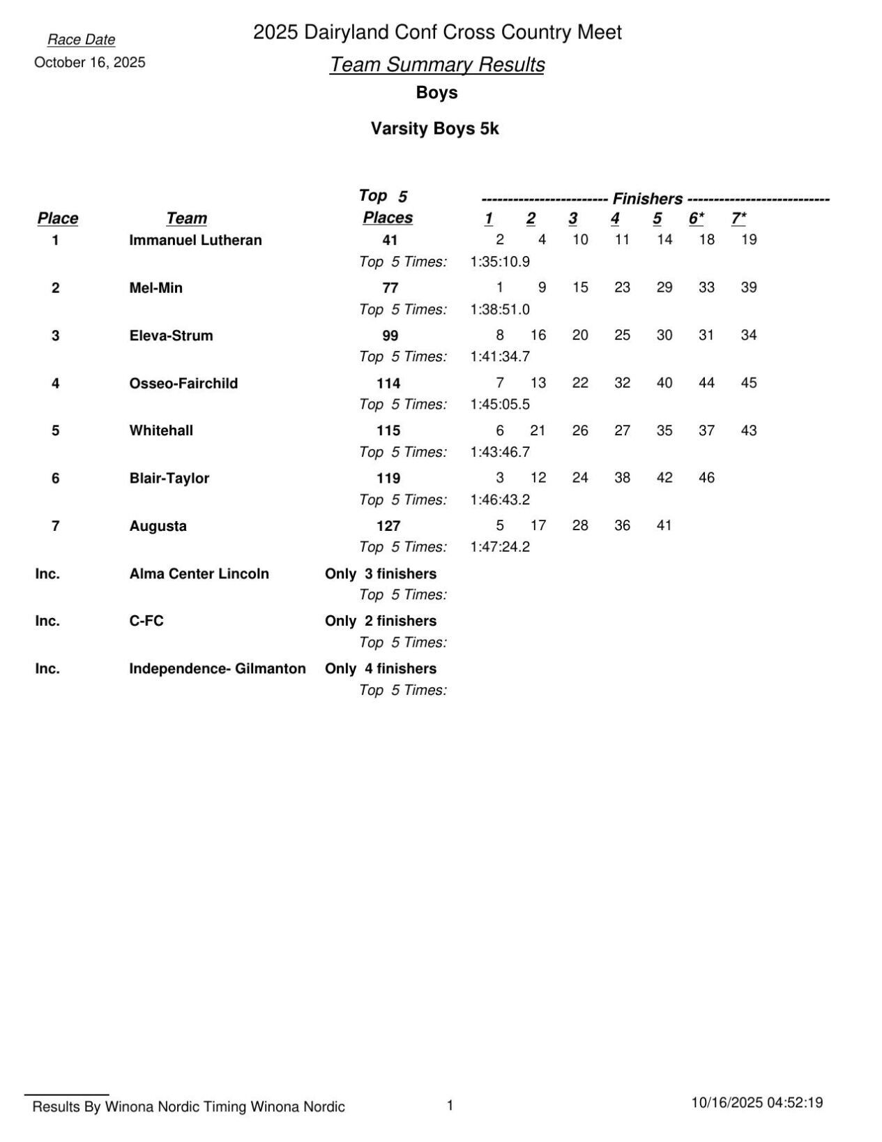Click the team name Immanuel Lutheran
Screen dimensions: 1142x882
(x=195, y=240)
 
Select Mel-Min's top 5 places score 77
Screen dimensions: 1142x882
(x=390, y=288)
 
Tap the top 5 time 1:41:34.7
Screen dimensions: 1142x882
(x=500, y=356)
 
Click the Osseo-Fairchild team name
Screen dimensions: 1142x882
(x=183, y=383)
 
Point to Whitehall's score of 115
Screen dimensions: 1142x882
(x=388, y=431)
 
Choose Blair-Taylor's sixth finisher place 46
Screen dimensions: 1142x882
(x=706, y=478)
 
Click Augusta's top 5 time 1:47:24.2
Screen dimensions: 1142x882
(x=500, y=547)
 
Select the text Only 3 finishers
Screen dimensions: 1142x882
(x=381, y=573)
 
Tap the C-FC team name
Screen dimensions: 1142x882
(x=146, y=621)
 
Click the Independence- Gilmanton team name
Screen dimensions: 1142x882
(x=217, y=668)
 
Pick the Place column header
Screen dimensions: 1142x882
(x=57, y=218)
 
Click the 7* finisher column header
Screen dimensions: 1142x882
(x=738, y=218)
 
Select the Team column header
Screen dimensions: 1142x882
(x=186, y=218)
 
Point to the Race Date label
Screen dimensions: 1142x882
(x=81, y=40)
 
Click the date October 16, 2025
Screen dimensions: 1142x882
(x=90, y=63)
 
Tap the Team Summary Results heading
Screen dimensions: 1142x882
(x=436, y=64)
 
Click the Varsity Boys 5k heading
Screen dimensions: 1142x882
(x=434, y=129)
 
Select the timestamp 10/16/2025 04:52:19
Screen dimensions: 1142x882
(x=756, y=1103)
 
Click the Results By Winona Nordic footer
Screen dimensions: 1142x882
(x=188, y=1106)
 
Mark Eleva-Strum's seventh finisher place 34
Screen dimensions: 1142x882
(x=748, y=336)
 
